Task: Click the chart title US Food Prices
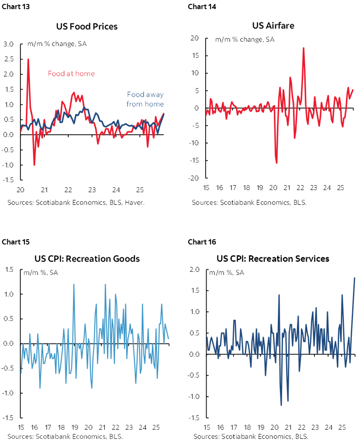click(x=87, y=27)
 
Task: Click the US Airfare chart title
click(x=273, y=25)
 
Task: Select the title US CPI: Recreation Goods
click(x=87, y=258)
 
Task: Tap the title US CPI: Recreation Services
click(x=273, y=258)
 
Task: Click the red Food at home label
click(x=71, y=74)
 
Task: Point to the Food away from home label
click(x=145, y=99)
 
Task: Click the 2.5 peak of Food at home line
click(x=28, y=59)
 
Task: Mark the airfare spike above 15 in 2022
click(x=303, y=48)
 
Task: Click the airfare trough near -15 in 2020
click(x=277, y=163)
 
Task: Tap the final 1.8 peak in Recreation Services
click(x=354, y=278)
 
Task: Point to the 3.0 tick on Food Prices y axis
click(x=9, y=44)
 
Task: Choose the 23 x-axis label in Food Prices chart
click(x=92, y=190)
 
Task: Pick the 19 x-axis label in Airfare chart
click(x=260, y=188)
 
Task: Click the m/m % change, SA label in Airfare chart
click(x=245, y=40)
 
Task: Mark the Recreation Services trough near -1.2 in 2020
click(x=281, y=405)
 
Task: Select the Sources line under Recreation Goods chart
click(x=64, y=436)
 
